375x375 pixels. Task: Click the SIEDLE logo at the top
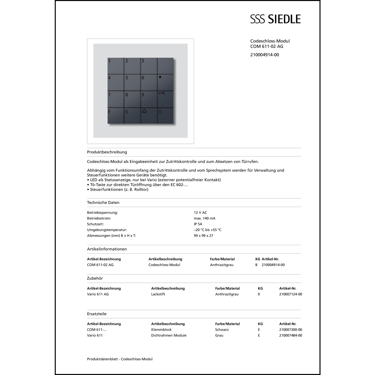275,19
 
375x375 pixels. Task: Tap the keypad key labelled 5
132,82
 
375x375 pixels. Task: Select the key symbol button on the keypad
165,99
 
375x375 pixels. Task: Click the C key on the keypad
165,115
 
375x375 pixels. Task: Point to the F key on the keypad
116,115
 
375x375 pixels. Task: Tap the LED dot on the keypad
160,77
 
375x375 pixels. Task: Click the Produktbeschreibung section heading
107,152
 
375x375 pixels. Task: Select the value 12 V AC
200,212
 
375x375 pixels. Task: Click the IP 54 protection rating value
198,224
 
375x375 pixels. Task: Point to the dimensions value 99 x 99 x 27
203,235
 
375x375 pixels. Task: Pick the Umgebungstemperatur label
107,230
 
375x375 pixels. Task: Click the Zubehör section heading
95,278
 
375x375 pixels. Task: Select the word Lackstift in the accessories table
158,294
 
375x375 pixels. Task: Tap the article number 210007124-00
290,294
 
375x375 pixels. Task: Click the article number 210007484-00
290,335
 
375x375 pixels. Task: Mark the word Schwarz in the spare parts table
222,329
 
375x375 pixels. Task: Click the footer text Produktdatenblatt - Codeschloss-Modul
120,359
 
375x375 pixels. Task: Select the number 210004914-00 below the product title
264,55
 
